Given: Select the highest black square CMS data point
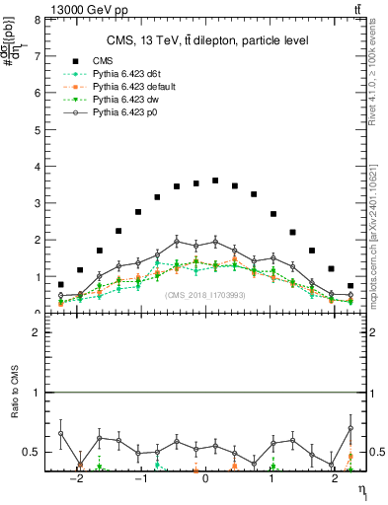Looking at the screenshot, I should point(215,180).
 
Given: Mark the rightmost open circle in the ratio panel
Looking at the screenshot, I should point(350,428).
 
